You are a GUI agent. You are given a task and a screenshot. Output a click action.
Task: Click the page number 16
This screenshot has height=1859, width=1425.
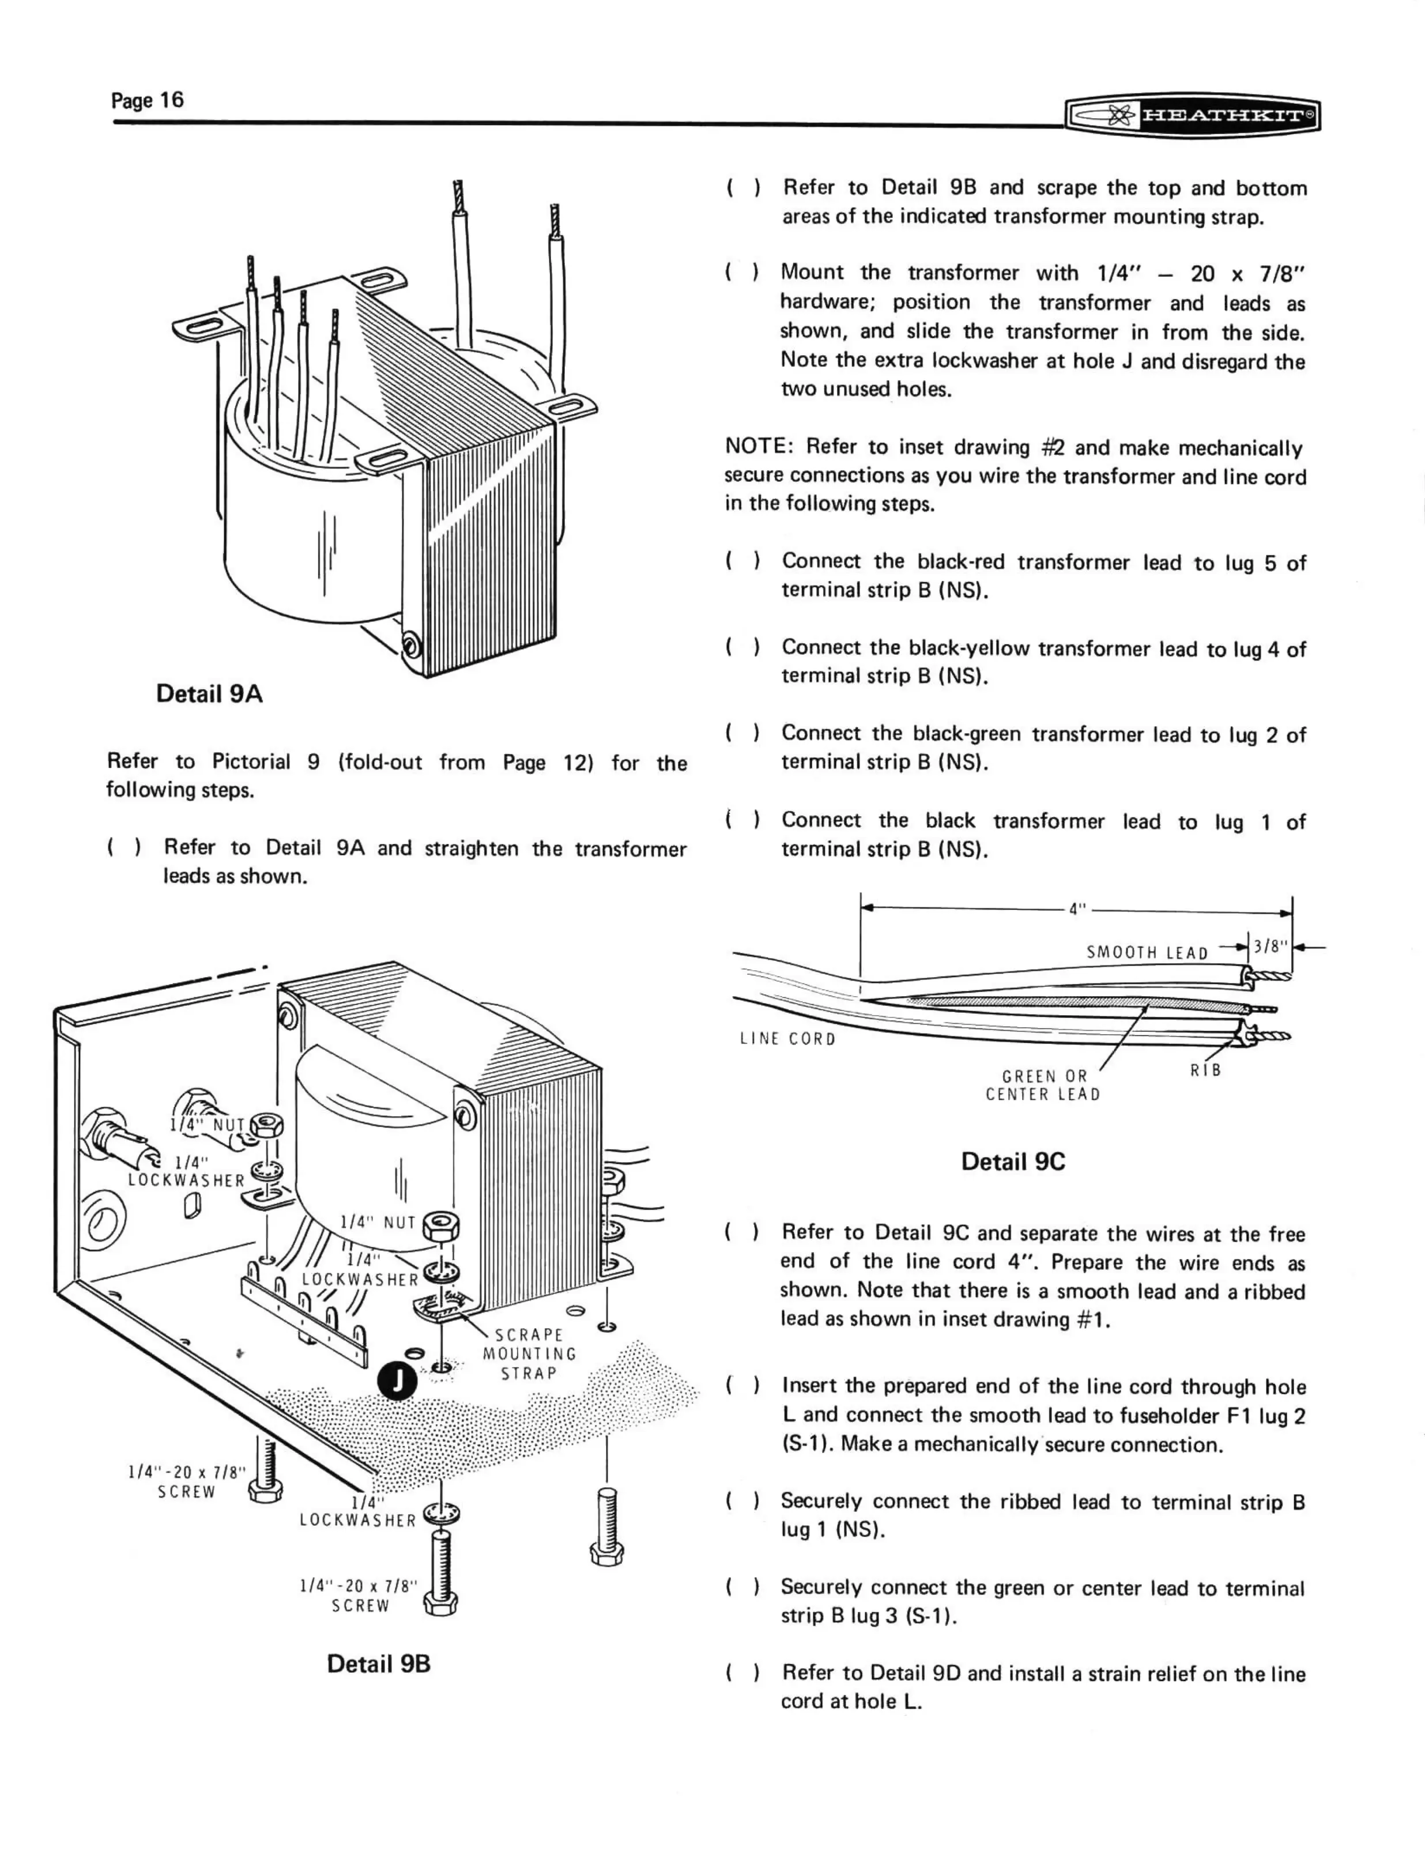147,100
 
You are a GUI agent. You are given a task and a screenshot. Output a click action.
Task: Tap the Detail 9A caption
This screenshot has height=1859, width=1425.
209,693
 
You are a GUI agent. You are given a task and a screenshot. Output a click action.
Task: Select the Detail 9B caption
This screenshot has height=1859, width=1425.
378,1663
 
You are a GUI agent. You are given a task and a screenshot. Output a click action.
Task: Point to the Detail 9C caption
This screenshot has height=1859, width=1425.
1013,1161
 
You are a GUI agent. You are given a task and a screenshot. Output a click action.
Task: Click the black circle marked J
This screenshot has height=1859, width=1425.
397,1380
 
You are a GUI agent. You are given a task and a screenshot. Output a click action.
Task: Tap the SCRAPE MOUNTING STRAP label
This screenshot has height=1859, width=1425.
529,1353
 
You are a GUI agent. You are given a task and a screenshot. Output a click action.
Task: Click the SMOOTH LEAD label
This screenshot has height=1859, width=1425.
1147,952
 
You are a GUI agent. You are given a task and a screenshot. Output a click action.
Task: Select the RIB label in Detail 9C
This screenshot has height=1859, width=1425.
1205,1070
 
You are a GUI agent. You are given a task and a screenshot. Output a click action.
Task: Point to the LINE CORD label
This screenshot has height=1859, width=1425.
787,1039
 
